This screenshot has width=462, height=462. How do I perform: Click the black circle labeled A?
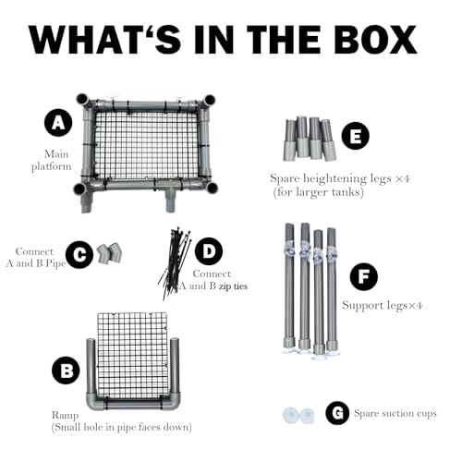[x=58, y=123]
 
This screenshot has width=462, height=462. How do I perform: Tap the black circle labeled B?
[x=66, y=371]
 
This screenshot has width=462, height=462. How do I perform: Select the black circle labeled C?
[x=79, y=254]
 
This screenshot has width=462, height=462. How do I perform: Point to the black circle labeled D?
[x=209, y=251]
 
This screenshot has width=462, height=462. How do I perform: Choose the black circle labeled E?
[x=356, y=136]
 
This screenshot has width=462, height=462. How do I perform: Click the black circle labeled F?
[x=364, y=276]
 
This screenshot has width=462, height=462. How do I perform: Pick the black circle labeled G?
[x=337, y=413]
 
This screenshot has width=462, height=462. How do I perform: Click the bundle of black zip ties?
[x=174, y=263]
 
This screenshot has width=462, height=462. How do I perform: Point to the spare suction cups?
[x=298, y=415]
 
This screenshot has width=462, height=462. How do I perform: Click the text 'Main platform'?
[x=52, y=160]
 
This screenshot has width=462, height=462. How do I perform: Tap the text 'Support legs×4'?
[x=382, y=305]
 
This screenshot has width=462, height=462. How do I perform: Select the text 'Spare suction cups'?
[x=395, y=413]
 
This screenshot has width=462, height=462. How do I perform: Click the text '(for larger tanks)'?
[x=319, y=192]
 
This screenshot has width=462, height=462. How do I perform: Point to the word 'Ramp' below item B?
[x=65, y=415]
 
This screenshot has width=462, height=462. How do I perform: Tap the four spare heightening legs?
[x=310, y=139]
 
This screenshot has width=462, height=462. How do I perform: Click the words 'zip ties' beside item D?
[x=233, y=286]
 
